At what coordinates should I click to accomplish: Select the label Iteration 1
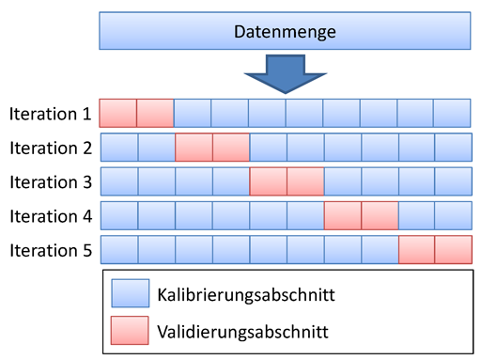[x=50, y=114]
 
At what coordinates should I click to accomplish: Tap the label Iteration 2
[x=50, y=148]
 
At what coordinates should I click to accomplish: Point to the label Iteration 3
[x=50, y=181]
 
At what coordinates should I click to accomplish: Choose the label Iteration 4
[x=50, y=215]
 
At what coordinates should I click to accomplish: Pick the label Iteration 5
[x=50, y=249]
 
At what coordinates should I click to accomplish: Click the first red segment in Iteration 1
[x=117, y=114]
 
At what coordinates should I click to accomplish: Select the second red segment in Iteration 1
[x=155, y=114]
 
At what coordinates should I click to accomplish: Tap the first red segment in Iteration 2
[x=194, y=148]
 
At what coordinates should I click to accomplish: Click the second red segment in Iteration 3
[x=305, y=181]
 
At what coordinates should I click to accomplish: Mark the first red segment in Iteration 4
[x=342, y=215]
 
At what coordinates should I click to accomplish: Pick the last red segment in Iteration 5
[x=453, y=249]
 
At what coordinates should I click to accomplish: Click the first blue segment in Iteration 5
[x=118, y=249]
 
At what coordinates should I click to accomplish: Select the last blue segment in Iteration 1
[x=453, y=114]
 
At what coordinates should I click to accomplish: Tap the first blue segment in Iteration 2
[x=118, y=148]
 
